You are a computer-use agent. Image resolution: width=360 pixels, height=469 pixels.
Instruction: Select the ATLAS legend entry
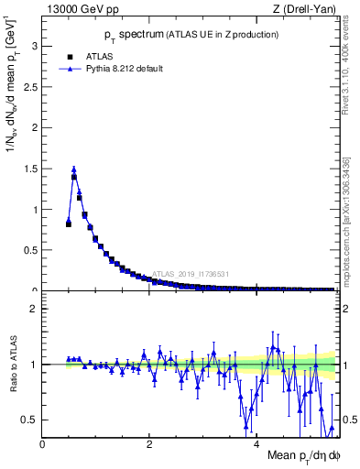click(98, 55)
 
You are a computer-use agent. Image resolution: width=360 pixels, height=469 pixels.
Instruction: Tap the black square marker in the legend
click(69, 55)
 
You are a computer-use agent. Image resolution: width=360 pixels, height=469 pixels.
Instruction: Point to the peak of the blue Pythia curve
click(74, 169)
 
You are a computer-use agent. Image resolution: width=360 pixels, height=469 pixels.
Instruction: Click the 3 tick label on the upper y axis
click(33, 46)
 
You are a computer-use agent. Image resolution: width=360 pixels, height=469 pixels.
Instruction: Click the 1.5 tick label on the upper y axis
click(29, 169)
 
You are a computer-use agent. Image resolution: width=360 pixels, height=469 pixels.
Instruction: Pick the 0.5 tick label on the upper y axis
click(29, 250)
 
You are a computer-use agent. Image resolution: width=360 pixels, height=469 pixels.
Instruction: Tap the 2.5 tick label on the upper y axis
click(29, 87)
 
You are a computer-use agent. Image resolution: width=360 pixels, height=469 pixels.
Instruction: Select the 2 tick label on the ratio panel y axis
click(33, 309)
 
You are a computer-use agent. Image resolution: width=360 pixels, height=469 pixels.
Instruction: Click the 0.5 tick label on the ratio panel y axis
click(29, 420)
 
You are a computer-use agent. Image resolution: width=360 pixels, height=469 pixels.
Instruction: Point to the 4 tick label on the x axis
click(256, 443)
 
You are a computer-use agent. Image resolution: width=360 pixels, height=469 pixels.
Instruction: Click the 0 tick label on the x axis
click(43, 443)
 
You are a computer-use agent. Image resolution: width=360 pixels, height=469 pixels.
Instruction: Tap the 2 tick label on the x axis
click(149, 443)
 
